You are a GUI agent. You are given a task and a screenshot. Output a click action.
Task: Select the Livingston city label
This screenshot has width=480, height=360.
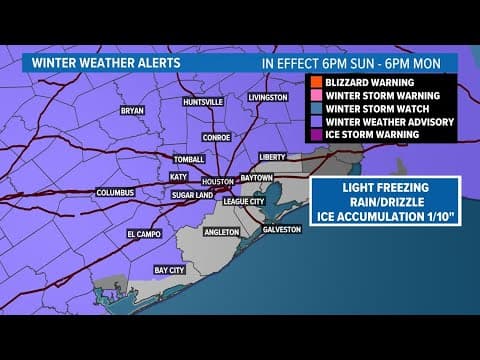click(x=268, y=97)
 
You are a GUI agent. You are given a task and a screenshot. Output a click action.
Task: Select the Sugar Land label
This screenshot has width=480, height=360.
click(x=187, y=197)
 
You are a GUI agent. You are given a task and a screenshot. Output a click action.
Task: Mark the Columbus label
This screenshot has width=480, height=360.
click(x=114, y=192)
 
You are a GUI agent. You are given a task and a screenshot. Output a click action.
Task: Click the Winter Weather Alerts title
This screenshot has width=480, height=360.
click(x=92, y=61)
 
